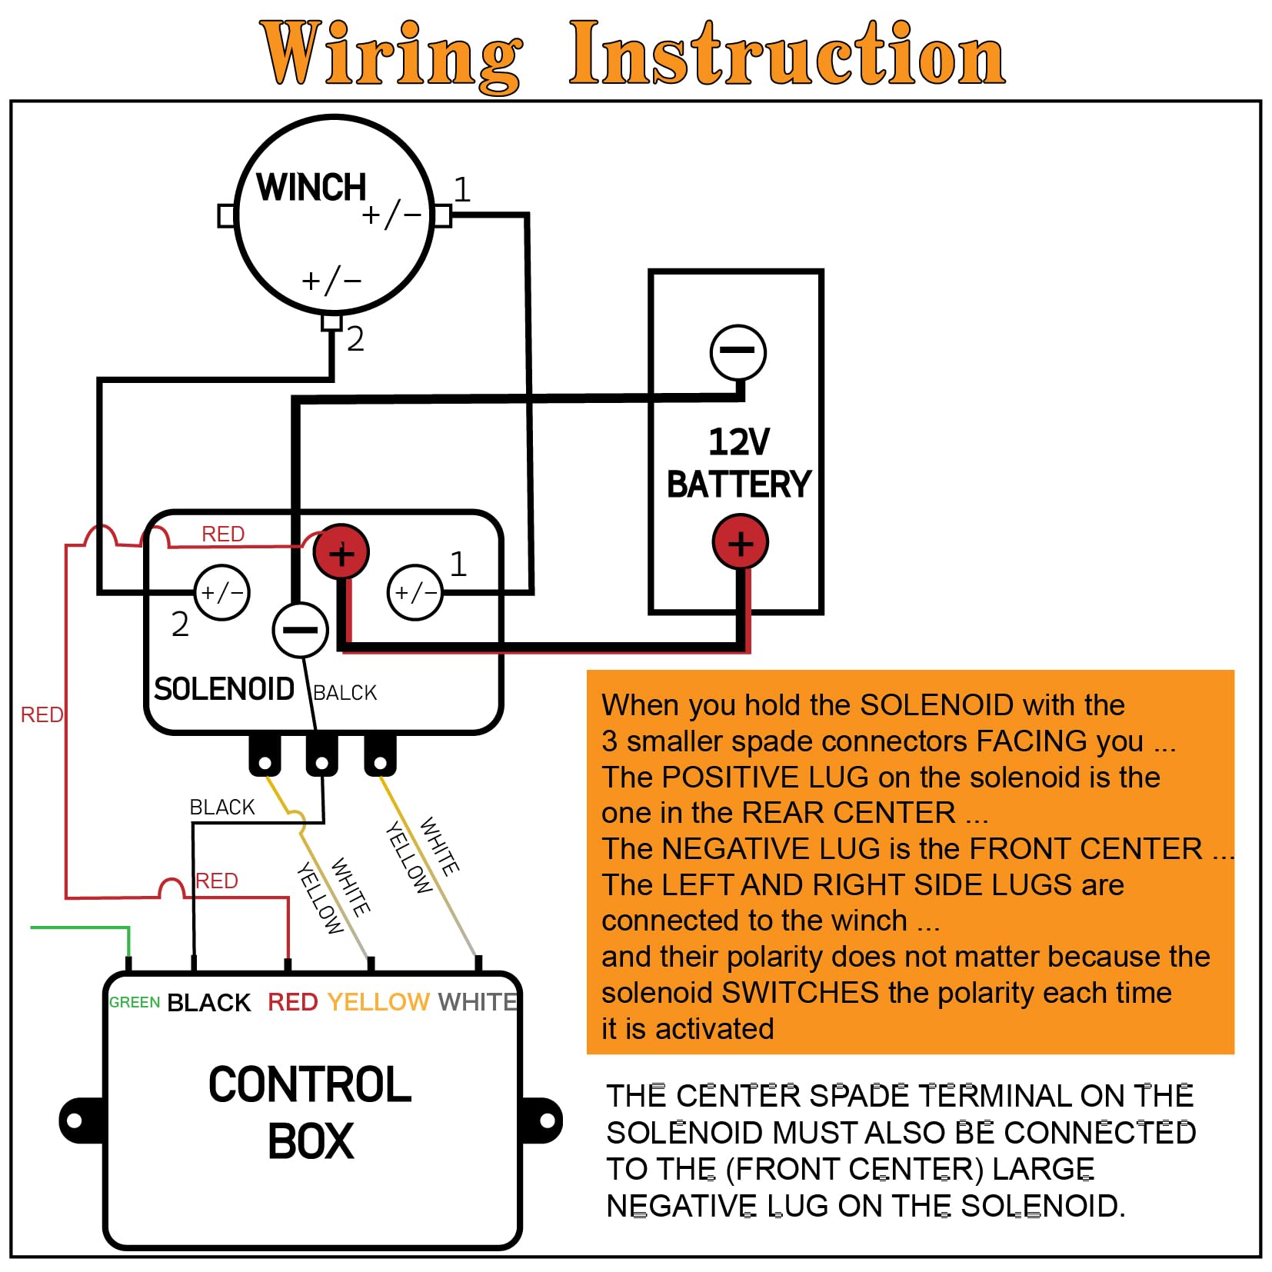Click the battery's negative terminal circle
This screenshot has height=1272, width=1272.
[x=738, y=352]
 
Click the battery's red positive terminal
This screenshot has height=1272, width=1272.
[x=740, y=543]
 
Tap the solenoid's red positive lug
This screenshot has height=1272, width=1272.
[x=341, y=552]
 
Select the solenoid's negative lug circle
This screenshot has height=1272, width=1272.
[x=300, y=630]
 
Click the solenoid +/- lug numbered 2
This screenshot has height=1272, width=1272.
[x=221, y=593]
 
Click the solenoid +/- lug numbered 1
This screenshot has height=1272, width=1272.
[x=415, y=592]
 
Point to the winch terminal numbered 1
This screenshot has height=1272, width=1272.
[x=443, y=216]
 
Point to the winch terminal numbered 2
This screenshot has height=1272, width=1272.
[x=331, y=322]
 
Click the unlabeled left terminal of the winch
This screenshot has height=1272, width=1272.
[x=226, y=215]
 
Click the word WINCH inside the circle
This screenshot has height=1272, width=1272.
[x=311, y=187]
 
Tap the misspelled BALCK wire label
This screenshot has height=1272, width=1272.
[x=345, y=693]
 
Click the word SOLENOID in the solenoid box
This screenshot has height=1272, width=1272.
[x=224, y=689]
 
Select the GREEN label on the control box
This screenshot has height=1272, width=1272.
[x=135, y=1002]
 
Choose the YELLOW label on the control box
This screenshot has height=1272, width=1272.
[x=378, y=1002]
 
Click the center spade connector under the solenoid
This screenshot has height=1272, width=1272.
[x=321, y=758]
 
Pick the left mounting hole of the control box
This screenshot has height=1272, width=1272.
[x=75, y=1120]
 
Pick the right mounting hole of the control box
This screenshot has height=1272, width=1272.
[x=548, y=1120]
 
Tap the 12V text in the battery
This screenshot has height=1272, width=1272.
[x=738, y=442]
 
